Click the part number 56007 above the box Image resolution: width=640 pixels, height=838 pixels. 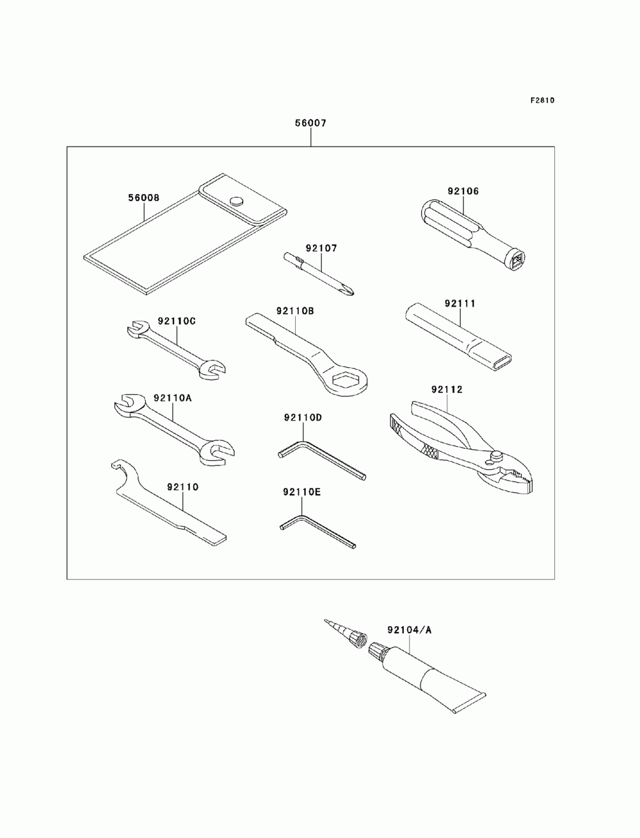[310, 124]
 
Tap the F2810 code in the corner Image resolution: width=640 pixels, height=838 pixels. [541, 100]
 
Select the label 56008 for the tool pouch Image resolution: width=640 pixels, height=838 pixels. [143, 198]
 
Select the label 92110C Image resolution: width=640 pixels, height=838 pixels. [176, 320]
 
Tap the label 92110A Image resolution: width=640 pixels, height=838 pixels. [172, 398]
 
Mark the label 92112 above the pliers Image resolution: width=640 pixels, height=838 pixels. [447, 389]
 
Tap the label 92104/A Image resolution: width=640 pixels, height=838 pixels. [409, 629]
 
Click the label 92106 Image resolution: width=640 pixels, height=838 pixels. [463, 190]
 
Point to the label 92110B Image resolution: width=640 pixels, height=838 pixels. [295, 310]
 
